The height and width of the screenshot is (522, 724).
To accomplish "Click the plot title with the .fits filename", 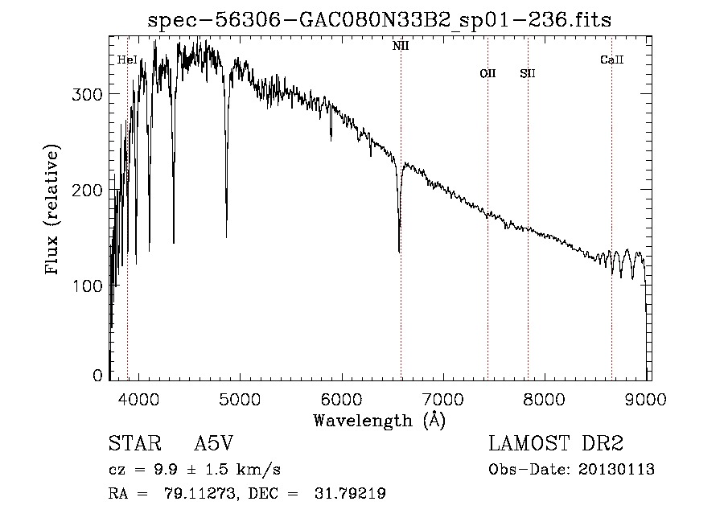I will (x=380, y=21).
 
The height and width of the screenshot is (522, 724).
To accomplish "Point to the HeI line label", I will (x=127, y=60).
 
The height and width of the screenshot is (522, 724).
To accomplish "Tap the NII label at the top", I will (x=400, y=46).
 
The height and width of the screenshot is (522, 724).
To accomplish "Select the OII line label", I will (x=487, y=73).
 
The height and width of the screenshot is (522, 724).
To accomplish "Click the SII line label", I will (x=527, y=73).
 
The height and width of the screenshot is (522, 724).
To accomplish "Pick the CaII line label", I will (x=611, y=60).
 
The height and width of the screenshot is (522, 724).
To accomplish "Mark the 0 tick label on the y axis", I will (x=98, y=376).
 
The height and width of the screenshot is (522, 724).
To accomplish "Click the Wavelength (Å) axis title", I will (x=379, y=420).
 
